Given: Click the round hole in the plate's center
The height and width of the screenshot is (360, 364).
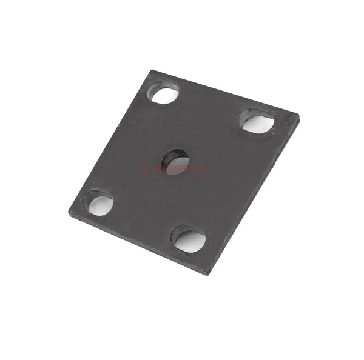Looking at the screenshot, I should pos(176,161).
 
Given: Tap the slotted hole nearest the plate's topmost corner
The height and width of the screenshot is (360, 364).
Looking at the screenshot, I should pos(164,94).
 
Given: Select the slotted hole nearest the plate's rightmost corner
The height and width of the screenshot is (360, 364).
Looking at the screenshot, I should pos(258,122).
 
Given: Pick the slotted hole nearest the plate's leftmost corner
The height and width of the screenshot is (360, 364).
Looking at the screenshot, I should pos(100,205).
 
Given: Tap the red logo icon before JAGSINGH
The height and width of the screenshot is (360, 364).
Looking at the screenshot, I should pos(145,171).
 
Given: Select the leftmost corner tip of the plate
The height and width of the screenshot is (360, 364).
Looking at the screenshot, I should pos(69,211).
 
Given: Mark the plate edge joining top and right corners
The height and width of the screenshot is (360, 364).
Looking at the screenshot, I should pos(224,93).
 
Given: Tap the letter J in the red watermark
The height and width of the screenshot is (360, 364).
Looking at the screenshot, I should pos(152,170).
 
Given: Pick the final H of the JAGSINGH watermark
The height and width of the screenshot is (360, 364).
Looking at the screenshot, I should pos(205,170).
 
